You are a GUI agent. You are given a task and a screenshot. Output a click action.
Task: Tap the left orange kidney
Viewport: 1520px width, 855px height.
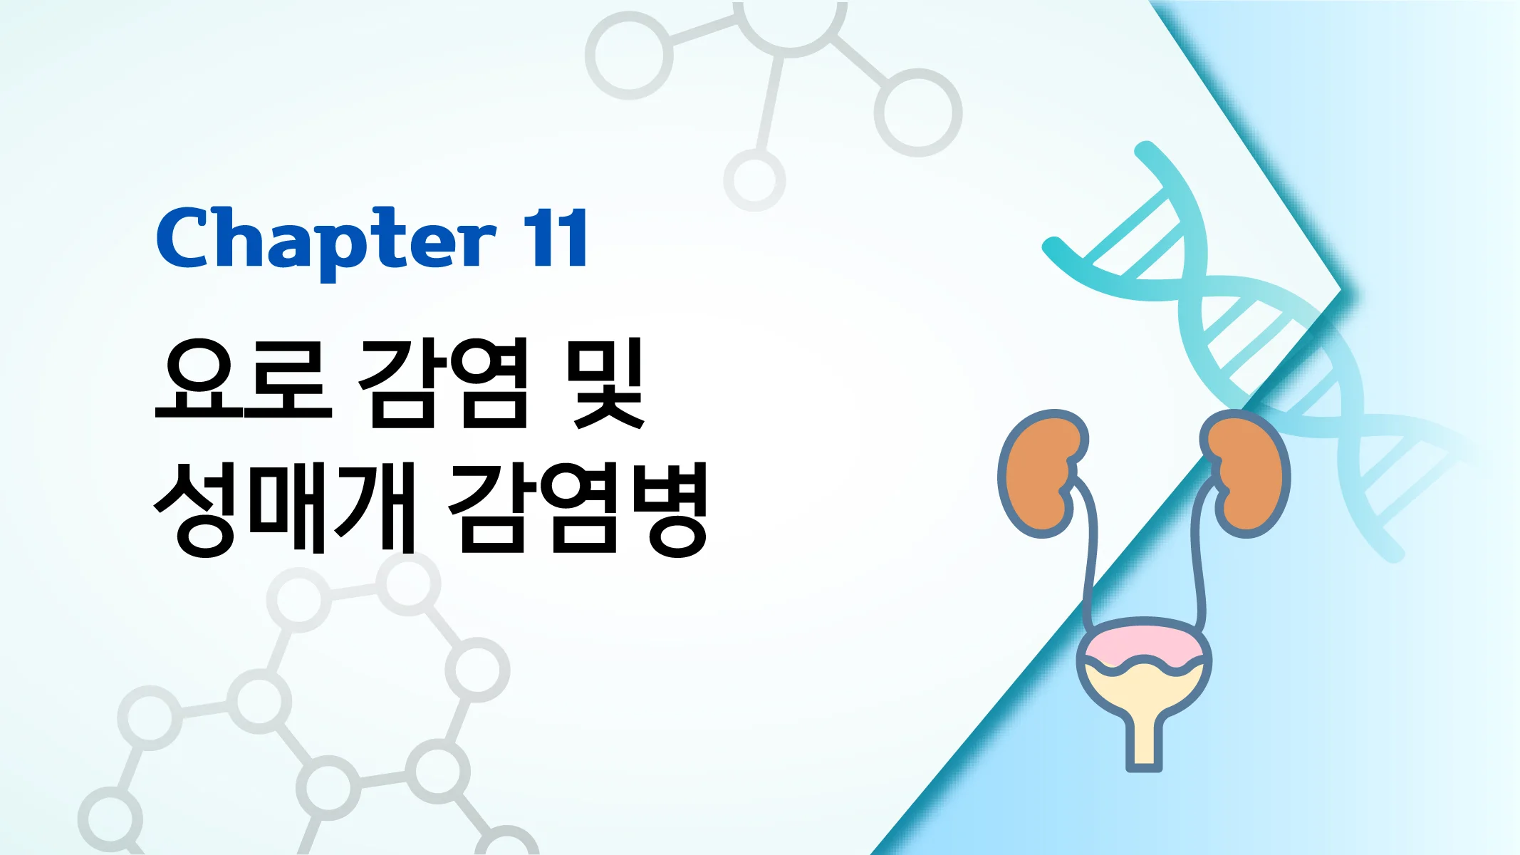[1041, 473]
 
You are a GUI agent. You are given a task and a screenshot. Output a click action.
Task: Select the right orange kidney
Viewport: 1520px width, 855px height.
[1248, 473]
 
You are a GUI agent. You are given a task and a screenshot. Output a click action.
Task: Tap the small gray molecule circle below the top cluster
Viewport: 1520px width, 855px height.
[754, 180]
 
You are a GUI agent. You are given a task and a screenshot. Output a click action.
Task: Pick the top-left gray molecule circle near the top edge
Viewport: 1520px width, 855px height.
[628, 56]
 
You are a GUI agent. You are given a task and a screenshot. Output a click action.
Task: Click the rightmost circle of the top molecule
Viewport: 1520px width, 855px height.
[917, 113]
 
